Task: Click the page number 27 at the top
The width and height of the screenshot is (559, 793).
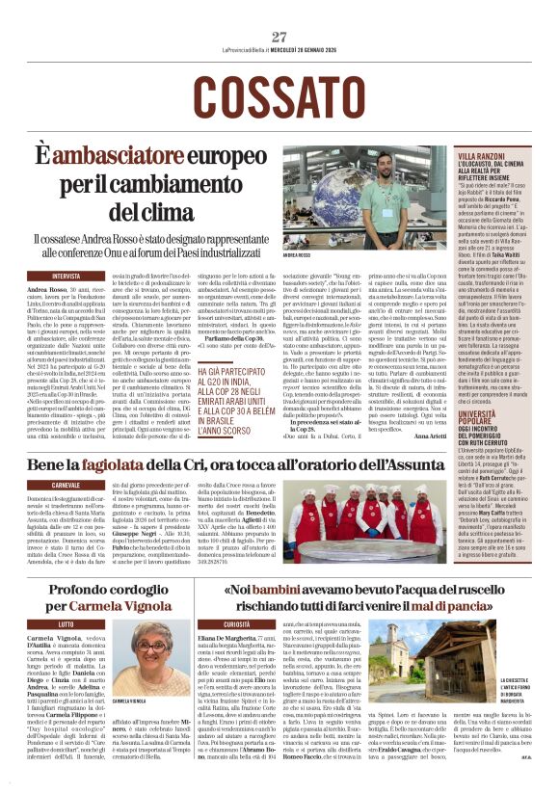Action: coord(279,37)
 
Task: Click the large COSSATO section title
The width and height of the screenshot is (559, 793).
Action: coord(279,95)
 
